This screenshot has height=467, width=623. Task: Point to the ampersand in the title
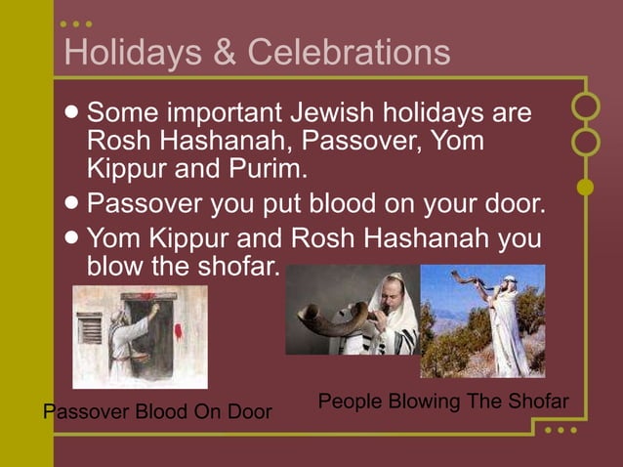point(224,52)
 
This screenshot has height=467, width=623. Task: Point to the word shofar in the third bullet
point(235,266)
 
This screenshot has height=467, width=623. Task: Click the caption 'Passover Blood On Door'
point(157,412)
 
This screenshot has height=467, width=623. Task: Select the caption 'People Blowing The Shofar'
point(443,402)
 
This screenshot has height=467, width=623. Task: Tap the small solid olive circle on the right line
point(585,187)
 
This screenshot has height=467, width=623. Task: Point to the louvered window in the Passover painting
point(90,328)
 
